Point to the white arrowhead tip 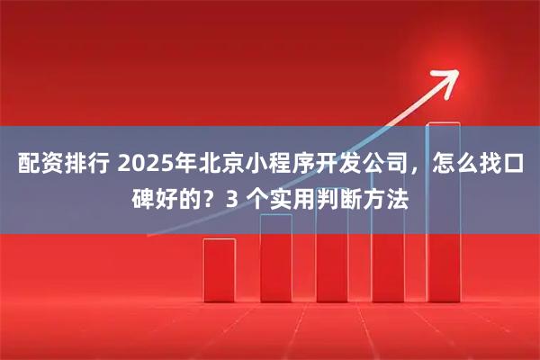tap(449, 73)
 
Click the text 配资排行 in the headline tap(61, 166)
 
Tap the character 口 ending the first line tap(513, 166)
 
